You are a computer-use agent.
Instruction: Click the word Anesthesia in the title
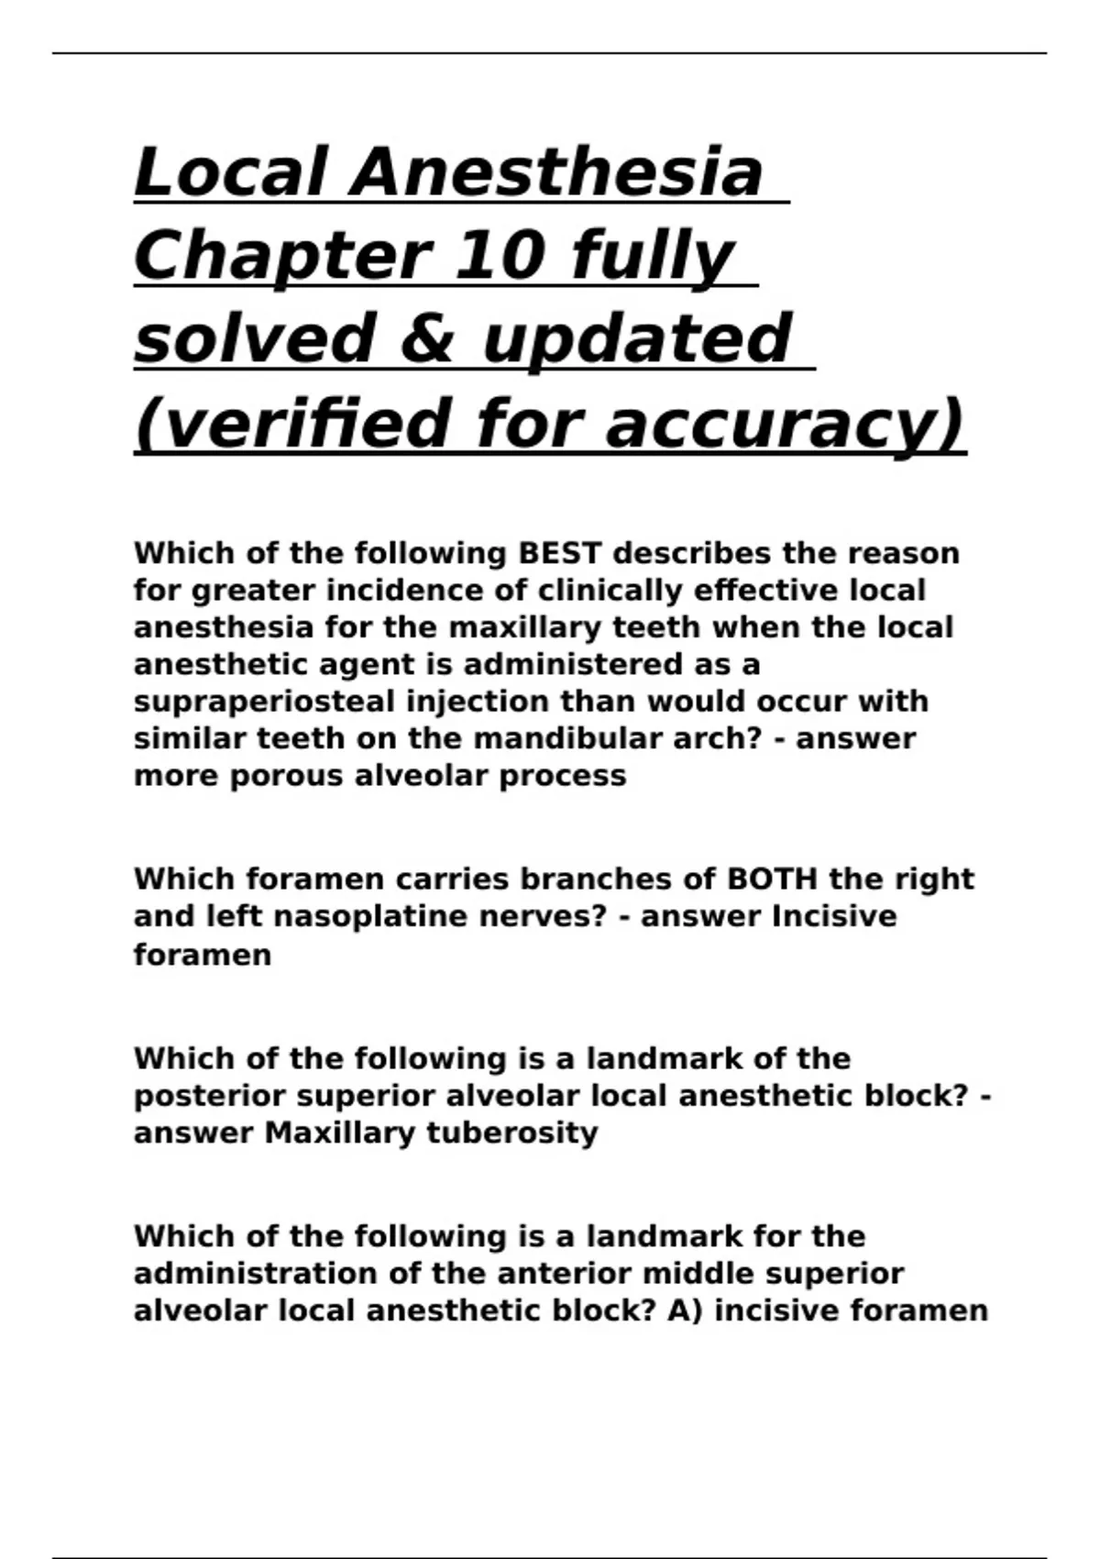point(556,172)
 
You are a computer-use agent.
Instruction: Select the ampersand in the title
point(428,338)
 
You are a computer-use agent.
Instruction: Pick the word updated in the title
point(635,338)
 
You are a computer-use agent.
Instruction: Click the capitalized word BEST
point(560,554)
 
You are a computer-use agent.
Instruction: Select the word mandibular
point(520,738)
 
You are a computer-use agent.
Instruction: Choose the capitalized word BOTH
point(771,879)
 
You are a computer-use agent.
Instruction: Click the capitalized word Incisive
point(834,916)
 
